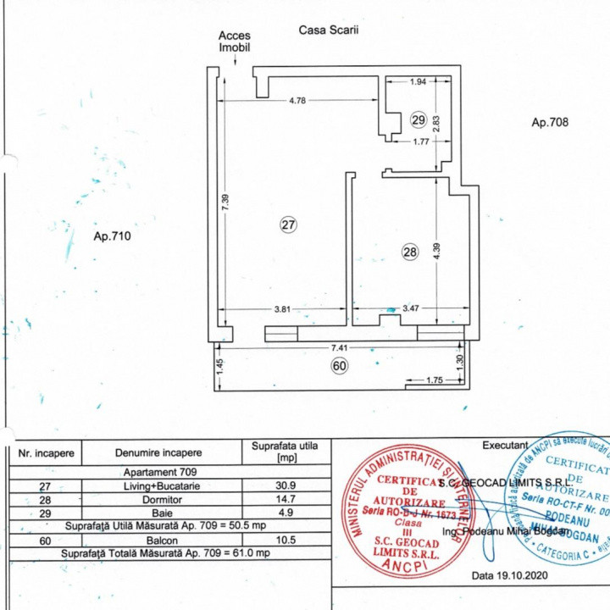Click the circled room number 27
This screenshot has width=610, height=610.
tap(288, 225)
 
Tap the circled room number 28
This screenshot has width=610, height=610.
tap(410, 252)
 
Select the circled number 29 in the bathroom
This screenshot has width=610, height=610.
tap(418, 119)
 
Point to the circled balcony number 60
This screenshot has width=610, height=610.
tap(339, 366)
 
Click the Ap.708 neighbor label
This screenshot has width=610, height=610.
tap(549, 122)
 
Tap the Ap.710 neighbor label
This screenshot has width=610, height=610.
tap(113, 237)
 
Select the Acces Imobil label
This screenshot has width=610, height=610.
tap(235, 42)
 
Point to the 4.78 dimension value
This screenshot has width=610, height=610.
tap(297, 101)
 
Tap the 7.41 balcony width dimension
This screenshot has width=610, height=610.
tap(339, 348)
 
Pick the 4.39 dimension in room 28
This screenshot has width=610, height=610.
tap(436, 252)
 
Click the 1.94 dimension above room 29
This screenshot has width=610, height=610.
tap(418, 82)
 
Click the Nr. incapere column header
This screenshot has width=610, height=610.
tap(46, 452)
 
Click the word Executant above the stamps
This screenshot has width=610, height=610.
tap(505, 446)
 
